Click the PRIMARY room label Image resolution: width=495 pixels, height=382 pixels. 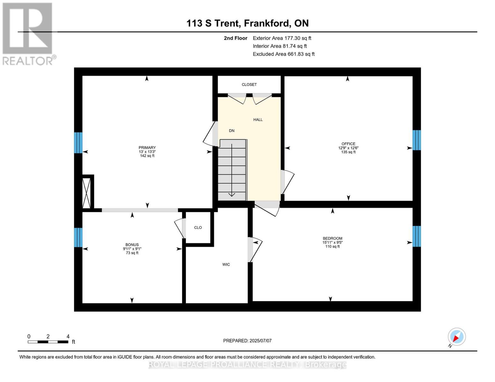click(147, 148)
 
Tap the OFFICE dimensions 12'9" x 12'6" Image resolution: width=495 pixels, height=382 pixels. click(348, 148)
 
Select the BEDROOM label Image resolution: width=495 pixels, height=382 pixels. click(332, 238)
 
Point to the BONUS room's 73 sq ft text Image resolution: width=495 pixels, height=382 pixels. click(132, 253)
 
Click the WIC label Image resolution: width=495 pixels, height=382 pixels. click(226, 265)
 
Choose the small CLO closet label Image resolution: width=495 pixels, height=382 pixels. click(198, 228)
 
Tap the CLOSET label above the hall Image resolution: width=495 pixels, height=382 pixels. click(249, 85)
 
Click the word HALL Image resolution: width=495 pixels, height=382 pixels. click(258, 120)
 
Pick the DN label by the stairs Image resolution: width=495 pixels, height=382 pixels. click(232, 131)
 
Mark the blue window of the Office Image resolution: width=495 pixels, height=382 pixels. click(417, 140)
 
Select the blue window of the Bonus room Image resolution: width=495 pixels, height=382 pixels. click(78, 237)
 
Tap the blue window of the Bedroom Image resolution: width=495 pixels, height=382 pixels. click(417, 236)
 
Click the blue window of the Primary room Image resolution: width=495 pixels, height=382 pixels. click(78, 143)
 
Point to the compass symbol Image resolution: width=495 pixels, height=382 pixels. click(457, 337)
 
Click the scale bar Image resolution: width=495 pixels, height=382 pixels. click(48, 342)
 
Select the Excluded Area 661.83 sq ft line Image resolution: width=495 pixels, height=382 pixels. click(283, 54)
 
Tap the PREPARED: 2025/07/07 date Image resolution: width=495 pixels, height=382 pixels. click(247, 341)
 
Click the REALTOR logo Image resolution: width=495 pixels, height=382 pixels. click(28, 33)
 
